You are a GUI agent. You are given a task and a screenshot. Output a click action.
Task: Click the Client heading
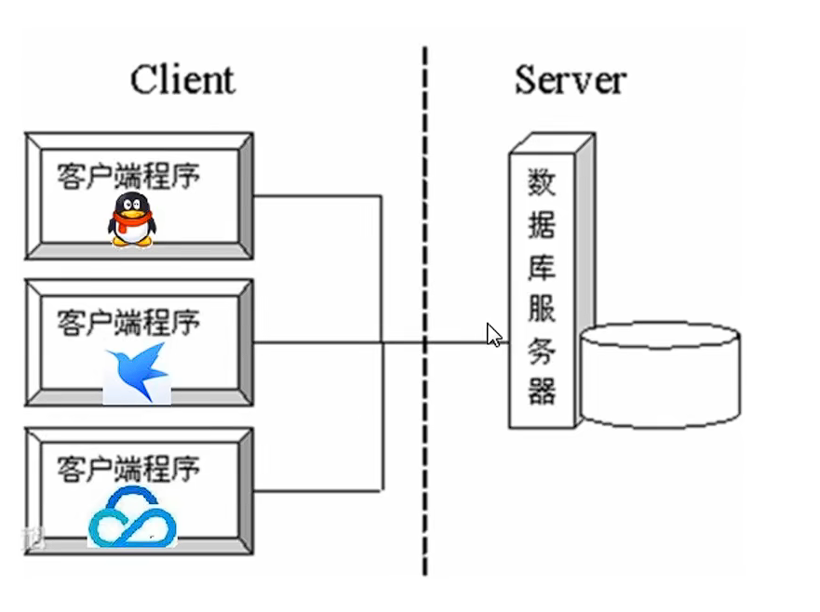tap(181, 80)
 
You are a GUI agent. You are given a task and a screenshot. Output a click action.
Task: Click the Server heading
tap(570, 80)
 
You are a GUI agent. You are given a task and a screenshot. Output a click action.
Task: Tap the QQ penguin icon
tap(131, 220)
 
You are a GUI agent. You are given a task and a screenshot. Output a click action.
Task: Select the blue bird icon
tap(136, 372)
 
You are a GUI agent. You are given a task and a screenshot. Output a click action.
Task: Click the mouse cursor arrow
tap(493, 334)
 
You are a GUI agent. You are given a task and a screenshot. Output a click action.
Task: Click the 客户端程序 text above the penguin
tap(128, 176)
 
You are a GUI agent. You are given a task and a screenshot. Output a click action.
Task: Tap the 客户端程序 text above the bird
tap(128, 323)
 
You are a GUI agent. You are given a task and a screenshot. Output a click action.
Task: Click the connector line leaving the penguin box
tap(316, 196)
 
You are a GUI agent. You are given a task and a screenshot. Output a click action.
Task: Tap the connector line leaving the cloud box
tap(316, 490)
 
